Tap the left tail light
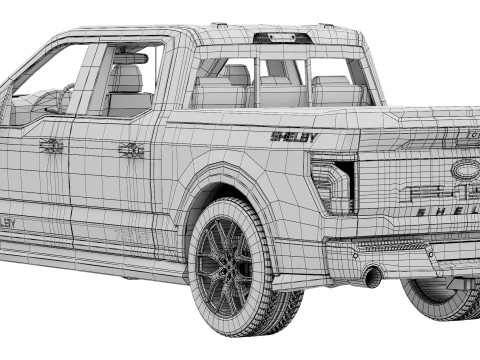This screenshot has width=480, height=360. coord(334,183)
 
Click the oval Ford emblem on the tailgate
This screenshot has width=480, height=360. coord(465,170)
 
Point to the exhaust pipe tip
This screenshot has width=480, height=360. coord(372,277)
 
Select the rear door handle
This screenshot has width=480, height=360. coord(131,150)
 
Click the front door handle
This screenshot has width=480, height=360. coord(51,146)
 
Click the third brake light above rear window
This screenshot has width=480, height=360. coord(279,39)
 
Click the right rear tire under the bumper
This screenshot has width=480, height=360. coord(440,297)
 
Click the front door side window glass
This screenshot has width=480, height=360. coord(48,85)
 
